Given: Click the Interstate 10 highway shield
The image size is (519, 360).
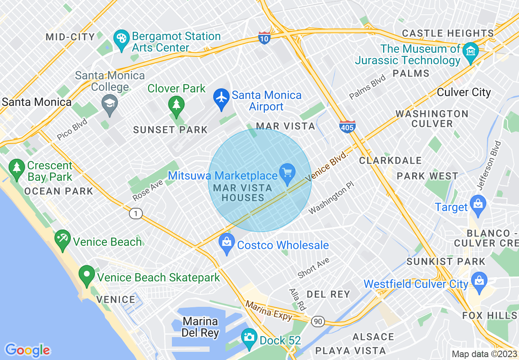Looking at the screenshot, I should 264,38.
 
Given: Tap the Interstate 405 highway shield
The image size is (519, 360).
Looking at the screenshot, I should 347,127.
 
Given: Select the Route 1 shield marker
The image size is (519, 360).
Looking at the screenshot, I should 135,213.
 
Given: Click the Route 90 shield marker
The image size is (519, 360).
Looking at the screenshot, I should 318,322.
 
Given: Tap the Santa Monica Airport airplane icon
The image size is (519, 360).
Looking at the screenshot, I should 221,98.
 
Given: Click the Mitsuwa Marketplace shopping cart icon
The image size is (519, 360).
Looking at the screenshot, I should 287,172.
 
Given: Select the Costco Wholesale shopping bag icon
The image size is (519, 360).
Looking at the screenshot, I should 227,243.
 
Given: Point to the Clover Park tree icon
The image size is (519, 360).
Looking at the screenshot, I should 176,105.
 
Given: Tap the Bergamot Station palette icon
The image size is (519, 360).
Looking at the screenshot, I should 122,39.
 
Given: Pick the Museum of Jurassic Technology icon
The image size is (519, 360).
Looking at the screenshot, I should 471,52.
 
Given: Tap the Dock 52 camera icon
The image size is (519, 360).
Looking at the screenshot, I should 249,337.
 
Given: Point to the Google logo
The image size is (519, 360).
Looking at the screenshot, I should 27,350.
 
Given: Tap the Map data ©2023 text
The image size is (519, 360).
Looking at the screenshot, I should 484,354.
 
